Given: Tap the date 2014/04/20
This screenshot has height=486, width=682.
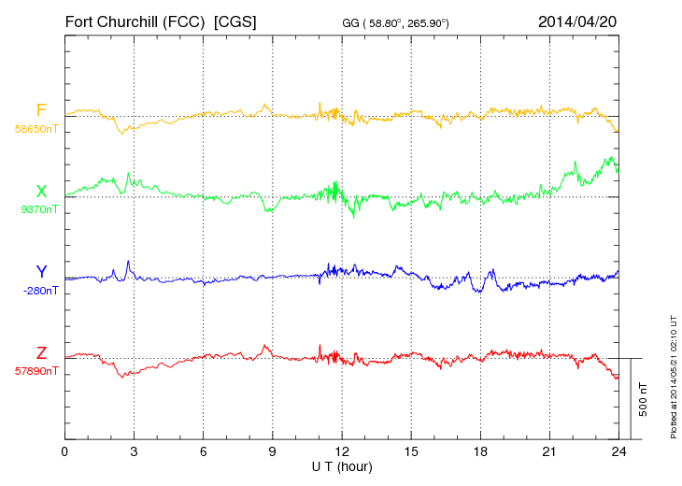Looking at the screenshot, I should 576,21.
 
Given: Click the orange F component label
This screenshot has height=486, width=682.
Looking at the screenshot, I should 41,111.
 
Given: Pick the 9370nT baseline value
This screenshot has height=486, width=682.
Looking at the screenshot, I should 38,209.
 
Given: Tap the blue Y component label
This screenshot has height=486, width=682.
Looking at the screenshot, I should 41,272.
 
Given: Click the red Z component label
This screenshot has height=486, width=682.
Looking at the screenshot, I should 41,353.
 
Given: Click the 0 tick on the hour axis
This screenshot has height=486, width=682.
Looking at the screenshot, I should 64,452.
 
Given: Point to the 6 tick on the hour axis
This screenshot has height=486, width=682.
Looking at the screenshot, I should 203,452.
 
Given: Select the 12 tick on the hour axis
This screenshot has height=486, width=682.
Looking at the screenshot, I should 342,452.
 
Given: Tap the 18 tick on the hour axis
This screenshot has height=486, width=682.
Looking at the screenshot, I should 480,452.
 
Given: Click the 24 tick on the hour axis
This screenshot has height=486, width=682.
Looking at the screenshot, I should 618,452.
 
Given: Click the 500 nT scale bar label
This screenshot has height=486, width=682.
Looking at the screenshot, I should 644,399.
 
